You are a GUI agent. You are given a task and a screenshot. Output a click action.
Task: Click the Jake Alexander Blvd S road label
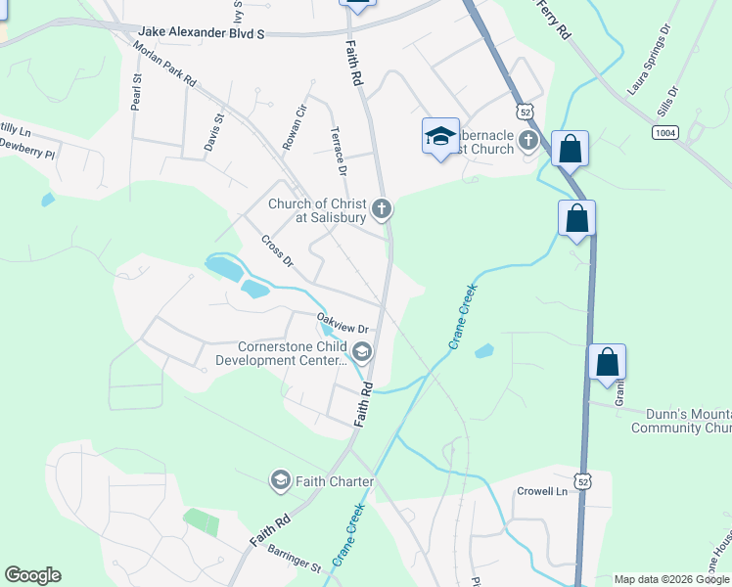203,32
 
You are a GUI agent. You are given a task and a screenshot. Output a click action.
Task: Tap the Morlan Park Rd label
164,67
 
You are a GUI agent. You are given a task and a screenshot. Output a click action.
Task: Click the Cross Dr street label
277,250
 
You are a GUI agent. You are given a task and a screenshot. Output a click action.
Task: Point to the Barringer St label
295,559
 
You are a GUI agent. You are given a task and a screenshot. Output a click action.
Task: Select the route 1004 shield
665,131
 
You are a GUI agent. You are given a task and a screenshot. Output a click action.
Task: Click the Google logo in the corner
32,575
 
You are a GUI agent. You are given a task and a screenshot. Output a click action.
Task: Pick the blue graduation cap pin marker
440,136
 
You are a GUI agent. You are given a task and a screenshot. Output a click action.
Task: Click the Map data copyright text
671,579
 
